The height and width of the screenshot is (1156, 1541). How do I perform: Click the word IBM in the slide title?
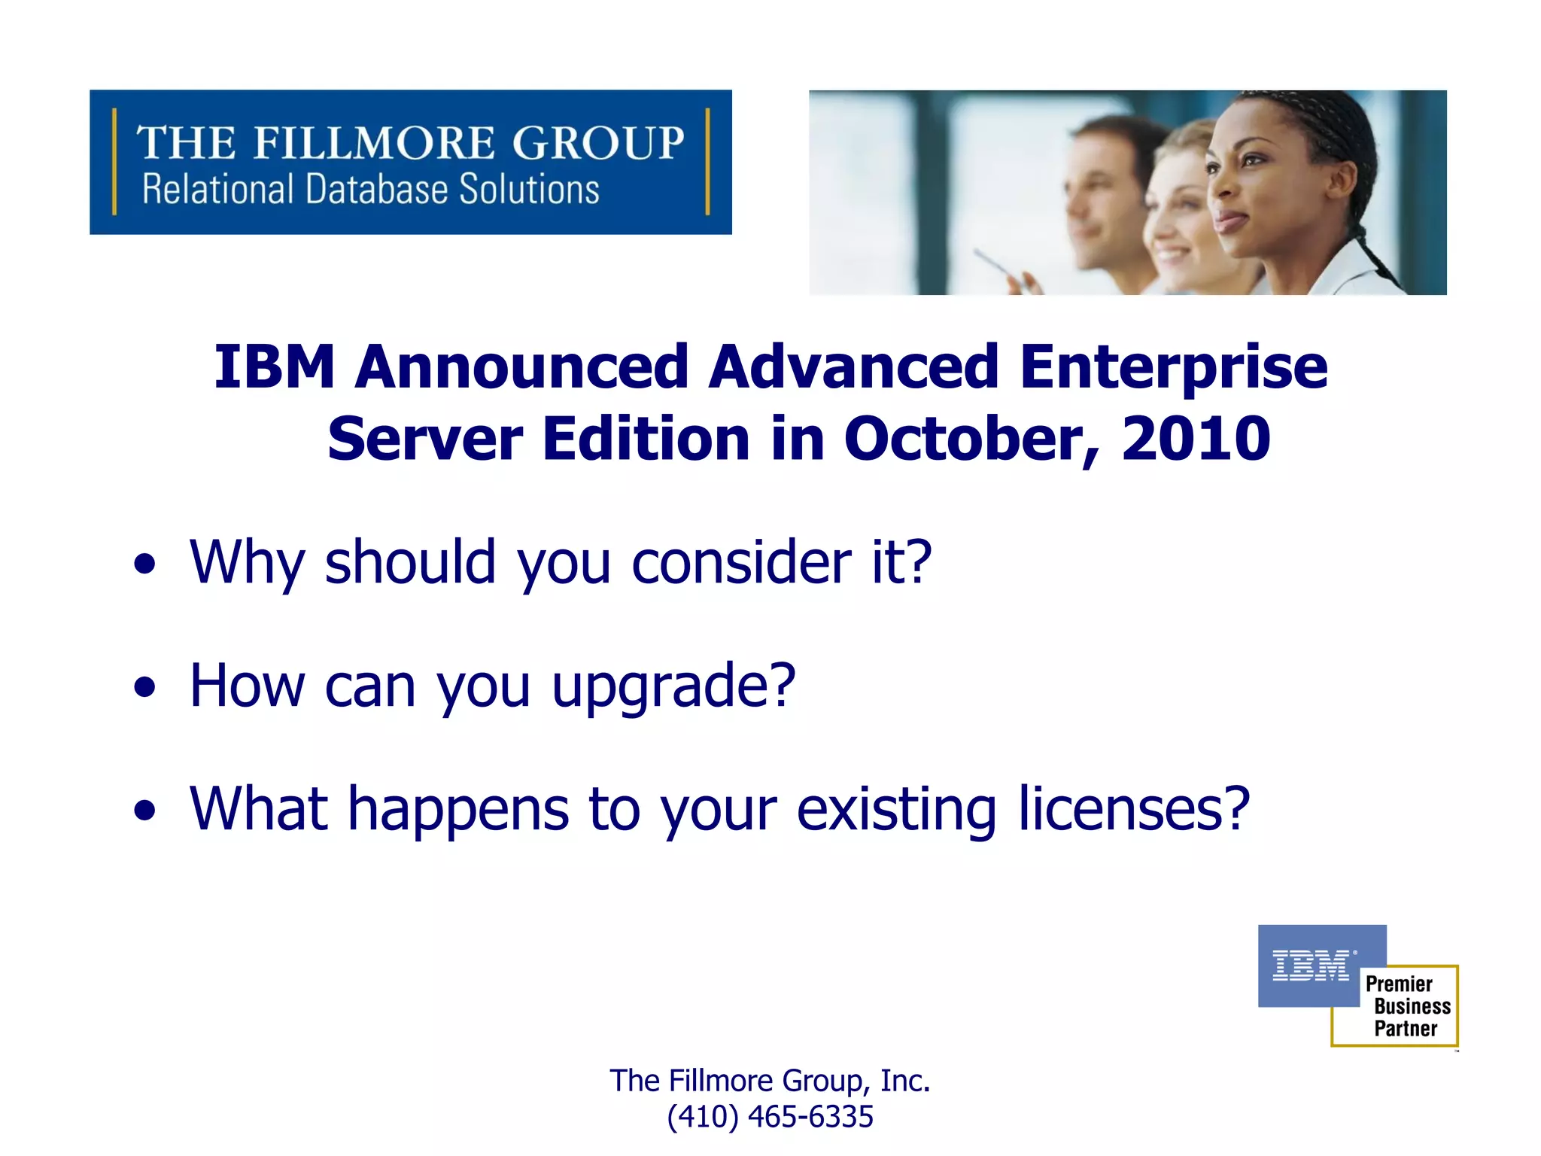tap(274, 367)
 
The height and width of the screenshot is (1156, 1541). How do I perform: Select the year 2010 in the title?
tap(1196, 439)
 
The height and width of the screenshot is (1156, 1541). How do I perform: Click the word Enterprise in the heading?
tap(1174, 367)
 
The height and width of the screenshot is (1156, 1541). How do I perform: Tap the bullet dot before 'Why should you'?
tap(144, 564)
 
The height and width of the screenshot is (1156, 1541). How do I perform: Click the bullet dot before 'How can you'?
tap(144, 687)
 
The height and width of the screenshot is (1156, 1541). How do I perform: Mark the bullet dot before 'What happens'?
tap(144, 811)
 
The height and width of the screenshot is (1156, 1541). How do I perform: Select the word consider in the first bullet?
tap(741, 563)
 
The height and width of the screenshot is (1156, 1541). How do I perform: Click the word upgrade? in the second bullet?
tap(673, 687)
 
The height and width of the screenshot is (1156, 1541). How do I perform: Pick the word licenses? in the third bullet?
tap(1134, 810)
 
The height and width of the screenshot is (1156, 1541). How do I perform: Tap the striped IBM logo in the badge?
tap(1311, 965)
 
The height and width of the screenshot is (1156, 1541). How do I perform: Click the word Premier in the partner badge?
tap(1399, 984)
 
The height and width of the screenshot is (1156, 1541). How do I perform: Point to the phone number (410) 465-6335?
tap(770, 1117)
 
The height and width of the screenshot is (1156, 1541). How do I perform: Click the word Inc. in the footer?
tap(905, 1081)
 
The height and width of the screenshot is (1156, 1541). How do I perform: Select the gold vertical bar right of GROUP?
tap(707, 162)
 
